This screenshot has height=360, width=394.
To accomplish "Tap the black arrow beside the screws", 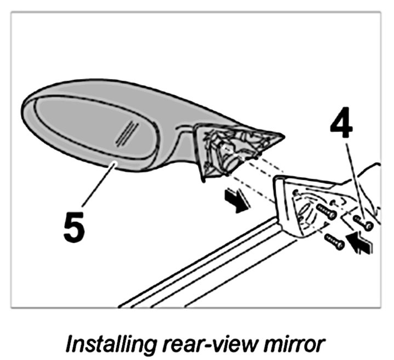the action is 362,241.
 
